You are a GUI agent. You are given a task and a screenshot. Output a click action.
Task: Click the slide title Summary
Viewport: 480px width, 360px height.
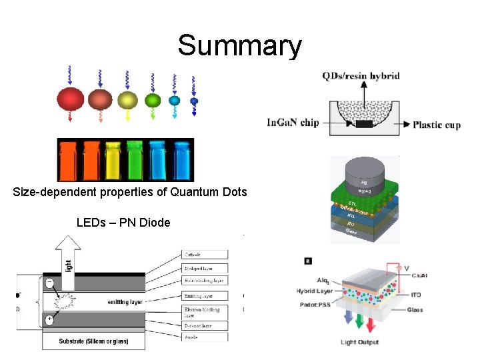tap(239, 46)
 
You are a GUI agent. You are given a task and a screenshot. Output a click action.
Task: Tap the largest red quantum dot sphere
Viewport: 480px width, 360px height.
tap(71, 100)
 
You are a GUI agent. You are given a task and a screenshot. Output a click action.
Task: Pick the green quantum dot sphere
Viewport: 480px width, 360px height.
tap(153, 101)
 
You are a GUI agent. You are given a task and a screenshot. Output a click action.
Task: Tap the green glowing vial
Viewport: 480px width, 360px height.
tap(135, 161)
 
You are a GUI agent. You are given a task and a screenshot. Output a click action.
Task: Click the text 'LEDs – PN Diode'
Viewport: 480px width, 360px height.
tap(123, 222)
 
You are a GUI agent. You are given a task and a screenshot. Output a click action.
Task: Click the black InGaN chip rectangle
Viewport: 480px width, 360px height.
tap(364, 125)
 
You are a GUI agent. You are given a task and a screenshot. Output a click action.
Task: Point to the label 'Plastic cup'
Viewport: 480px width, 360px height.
tap(437, 125)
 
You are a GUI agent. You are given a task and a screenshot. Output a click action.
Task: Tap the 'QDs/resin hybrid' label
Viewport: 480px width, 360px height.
tap(361, 76)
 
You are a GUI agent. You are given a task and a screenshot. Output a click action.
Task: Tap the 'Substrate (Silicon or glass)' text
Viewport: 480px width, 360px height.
tap(93, 341)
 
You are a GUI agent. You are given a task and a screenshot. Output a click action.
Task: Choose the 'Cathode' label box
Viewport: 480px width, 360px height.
tap(204, 254)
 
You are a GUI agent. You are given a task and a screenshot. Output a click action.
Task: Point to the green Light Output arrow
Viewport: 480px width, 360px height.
tap(360, 323)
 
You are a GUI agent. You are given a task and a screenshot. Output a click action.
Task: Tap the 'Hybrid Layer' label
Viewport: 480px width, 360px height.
tap(315, 291)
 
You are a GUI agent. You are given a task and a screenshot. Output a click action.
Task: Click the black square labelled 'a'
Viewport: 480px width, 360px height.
tap(307, 260)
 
